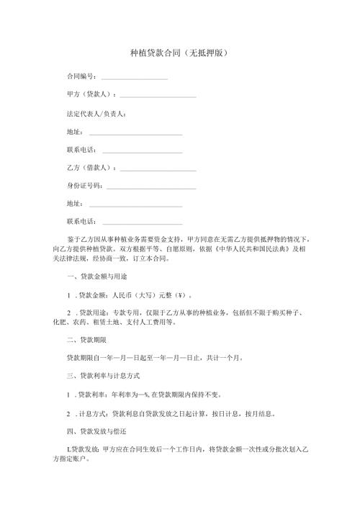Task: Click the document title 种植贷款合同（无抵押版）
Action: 180,54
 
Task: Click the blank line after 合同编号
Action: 135,78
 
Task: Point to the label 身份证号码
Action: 84,186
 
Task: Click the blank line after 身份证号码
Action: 151,187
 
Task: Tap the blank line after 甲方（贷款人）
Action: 158,96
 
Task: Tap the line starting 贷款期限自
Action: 156,356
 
